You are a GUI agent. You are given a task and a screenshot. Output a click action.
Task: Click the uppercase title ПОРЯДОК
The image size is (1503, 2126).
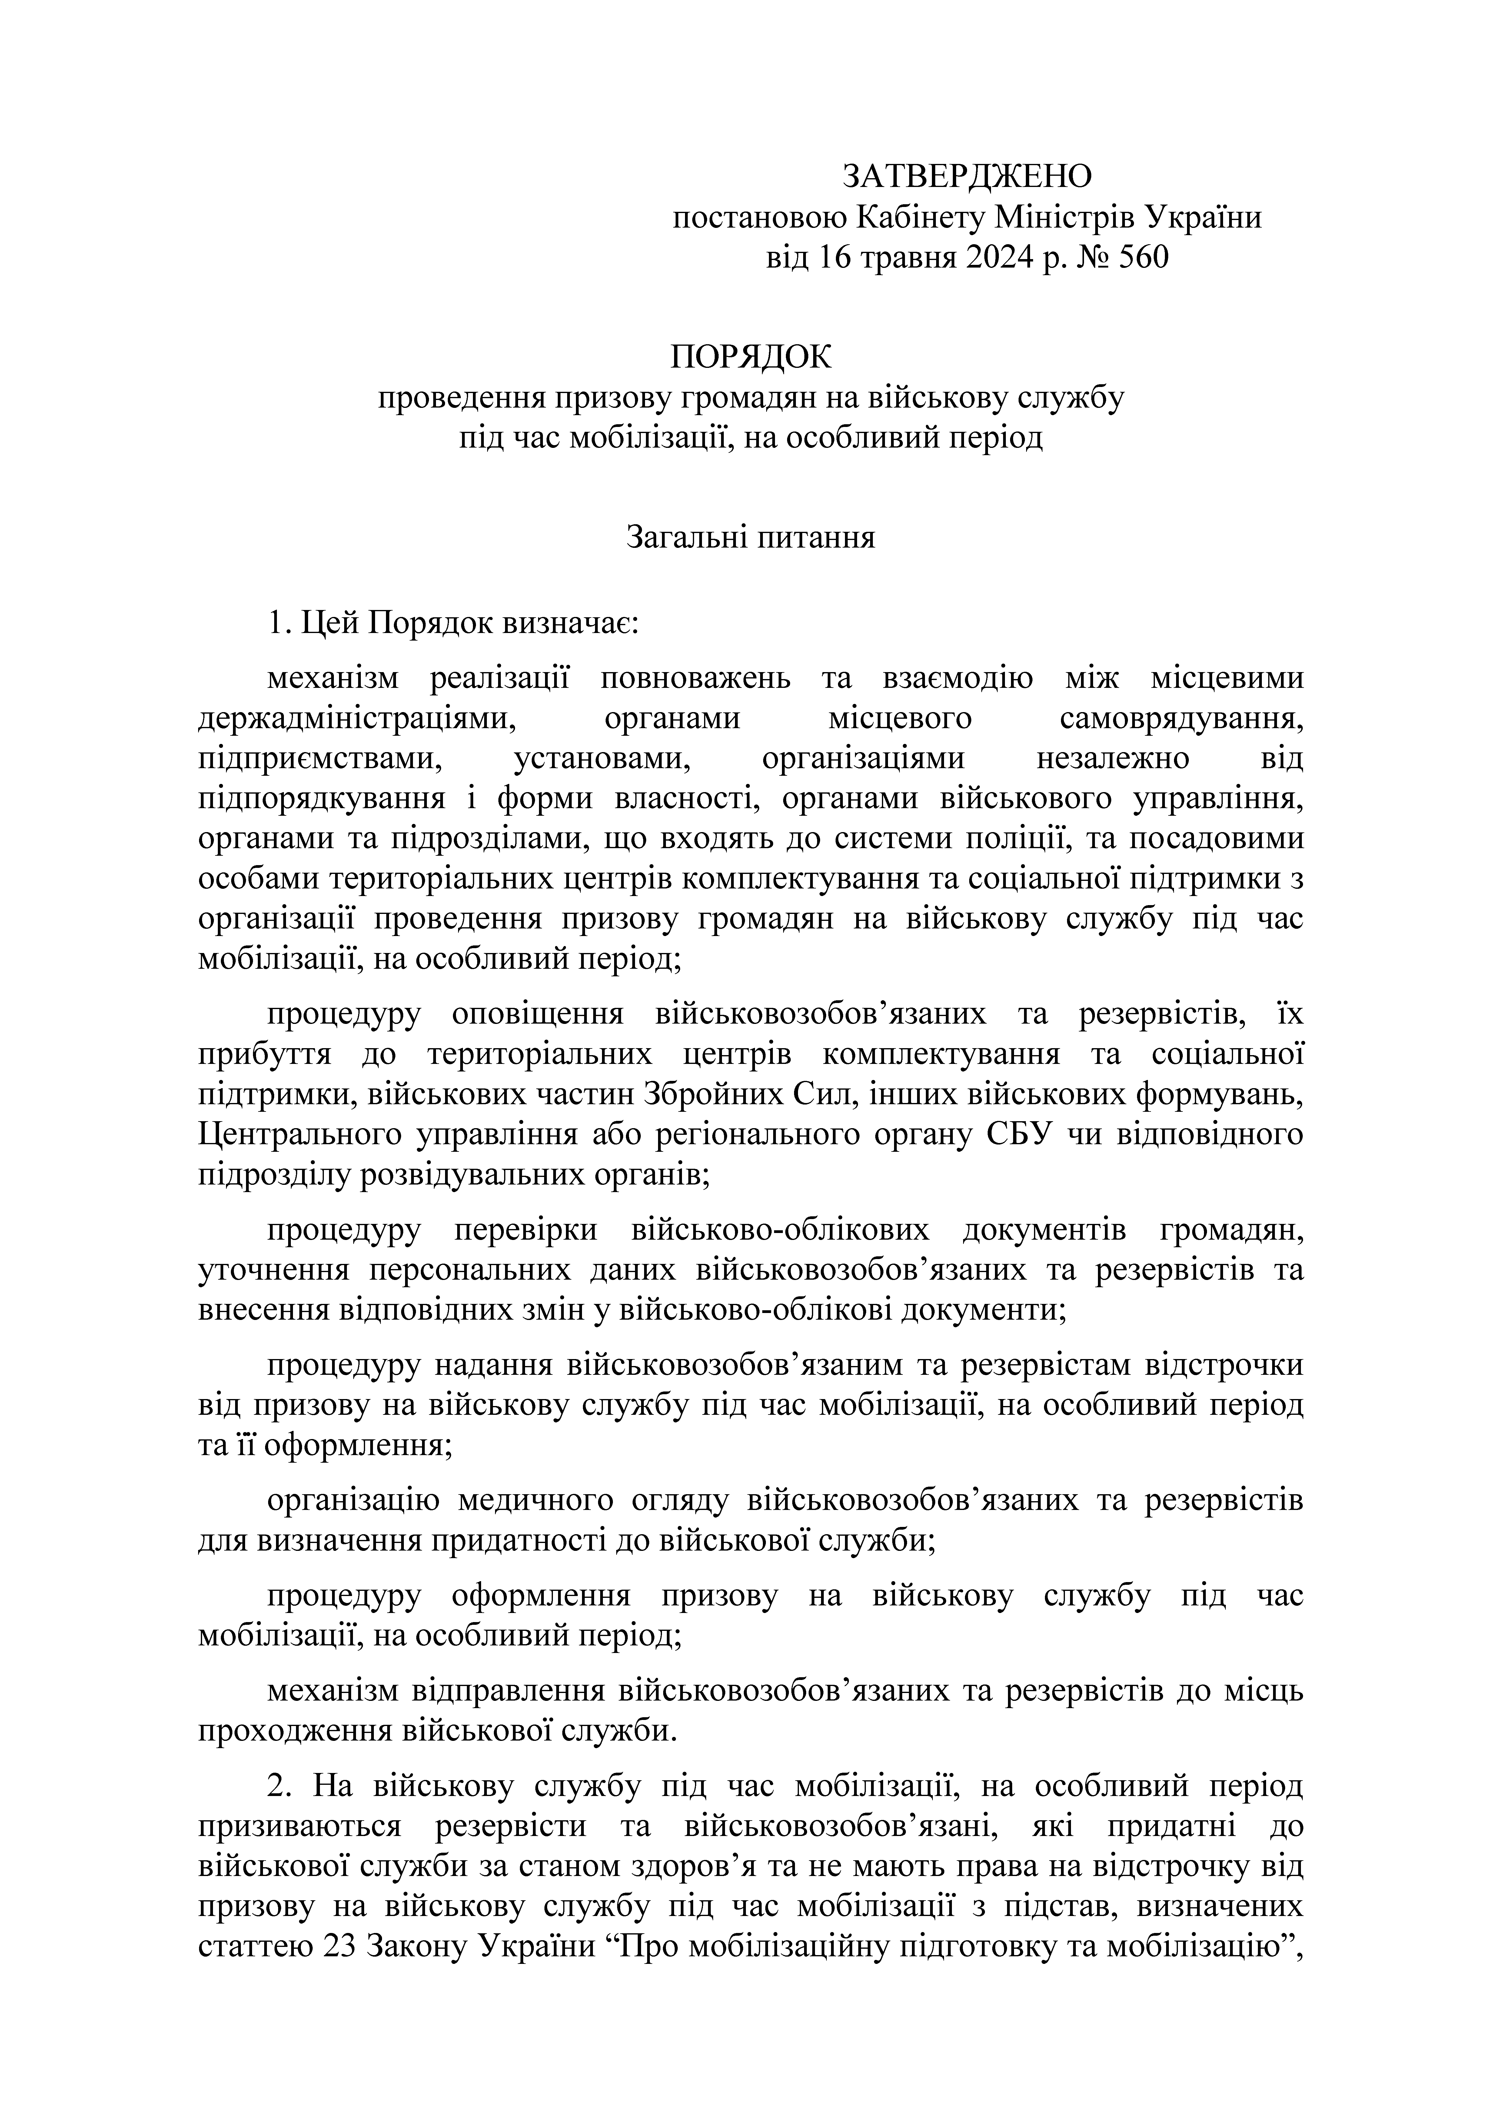click(x=751, y=356)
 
